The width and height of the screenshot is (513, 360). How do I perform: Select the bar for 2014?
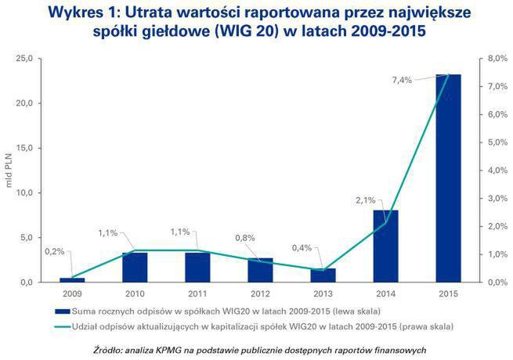(x=386, y=246)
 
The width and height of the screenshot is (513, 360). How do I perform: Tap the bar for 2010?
(x=135, y=267)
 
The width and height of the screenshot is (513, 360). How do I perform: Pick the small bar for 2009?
(x=72, y=279)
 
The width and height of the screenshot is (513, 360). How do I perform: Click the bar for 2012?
(x=261, y=270)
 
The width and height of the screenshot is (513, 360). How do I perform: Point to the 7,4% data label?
(x=400, y=80)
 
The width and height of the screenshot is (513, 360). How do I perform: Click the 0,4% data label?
(x=301, y=247)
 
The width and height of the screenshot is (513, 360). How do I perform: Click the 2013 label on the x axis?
(x=323, y=293)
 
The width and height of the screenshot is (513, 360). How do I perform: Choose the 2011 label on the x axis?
(x=197, y=293)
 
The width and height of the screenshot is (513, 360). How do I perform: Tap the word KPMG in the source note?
(x=167, y=348)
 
